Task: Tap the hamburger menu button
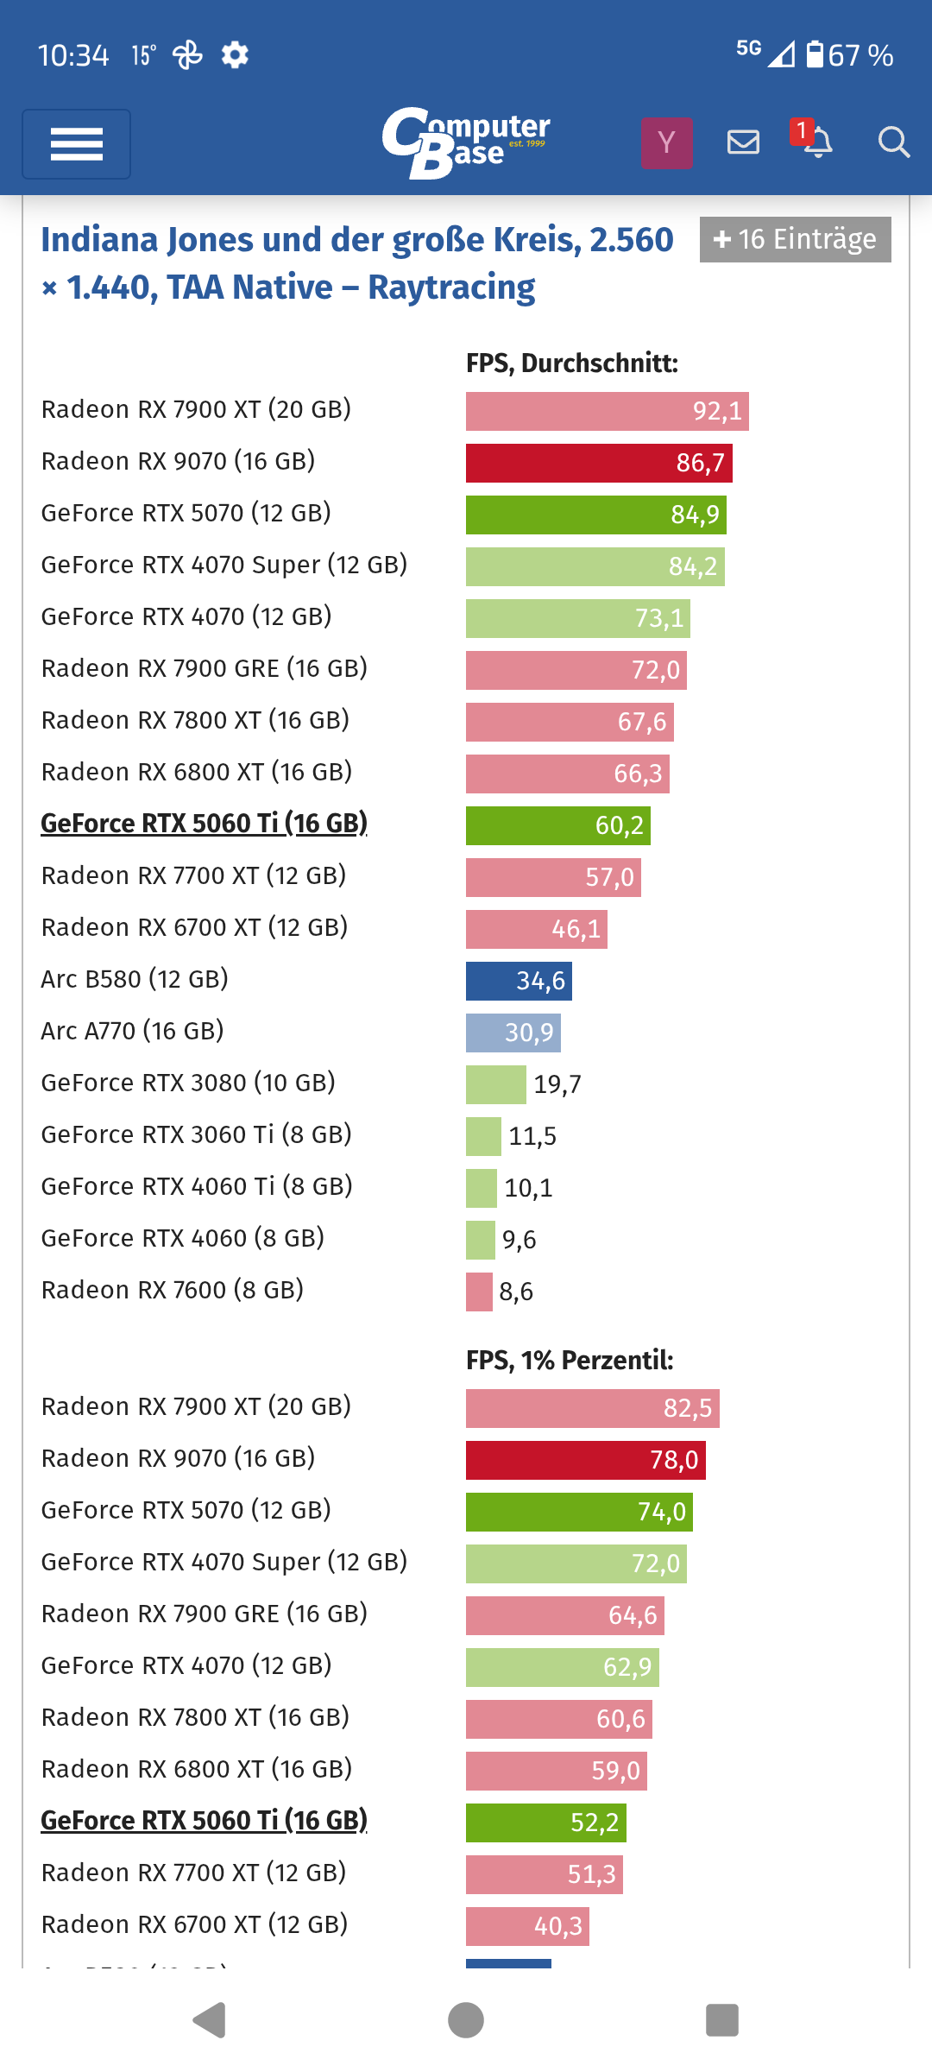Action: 76,144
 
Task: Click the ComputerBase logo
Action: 466,142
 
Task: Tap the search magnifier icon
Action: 893,142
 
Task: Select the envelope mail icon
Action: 743,142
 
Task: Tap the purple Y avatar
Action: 666,142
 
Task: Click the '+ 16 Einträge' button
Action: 795,239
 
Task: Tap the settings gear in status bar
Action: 235,55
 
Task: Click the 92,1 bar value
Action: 717,411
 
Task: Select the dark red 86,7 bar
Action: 599,463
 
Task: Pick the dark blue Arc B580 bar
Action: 518,981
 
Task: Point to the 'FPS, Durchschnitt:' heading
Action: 572,363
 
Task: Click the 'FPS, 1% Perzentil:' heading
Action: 570,1361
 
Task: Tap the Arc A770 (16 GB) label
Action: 132,1031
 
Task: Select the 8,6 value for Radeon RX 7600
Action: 516,1292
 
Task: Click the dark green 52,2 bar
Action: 545,1822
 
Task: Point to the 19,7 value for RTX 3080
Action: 557,1084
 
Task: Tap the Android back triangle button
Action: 210,2020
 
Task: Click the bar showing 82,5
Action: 592,1408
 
